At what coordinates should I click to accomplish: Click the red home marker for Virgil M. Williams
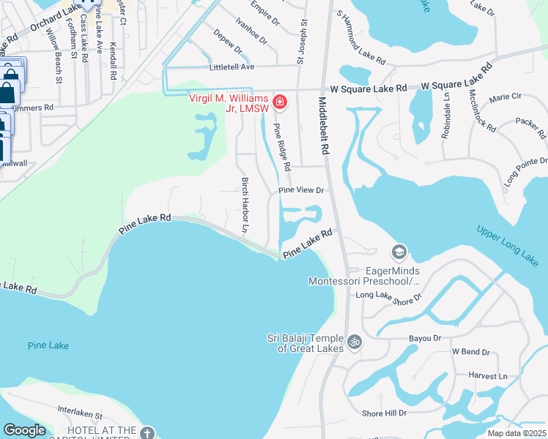(279, 101)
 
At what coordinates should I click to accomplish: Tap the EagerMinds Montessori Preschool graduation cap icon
(399, 252)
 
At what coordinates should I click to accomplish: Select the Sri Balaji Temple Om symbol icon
(355, 342)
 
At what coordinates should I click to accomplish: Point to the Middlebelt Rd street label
(322, 124)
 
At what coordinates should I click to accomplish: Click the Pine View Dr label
(300, 190)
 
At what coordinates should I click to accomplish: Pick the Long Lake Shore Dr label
(389, 296)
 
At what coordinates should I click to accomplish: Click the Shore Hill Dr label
(384, 413)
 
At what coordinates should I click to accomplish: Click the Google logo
(24, 430)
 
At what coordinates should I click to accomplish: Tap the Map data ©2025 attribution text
(516, 433)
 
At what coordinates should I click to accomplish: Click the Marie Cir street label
(505, 97)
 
